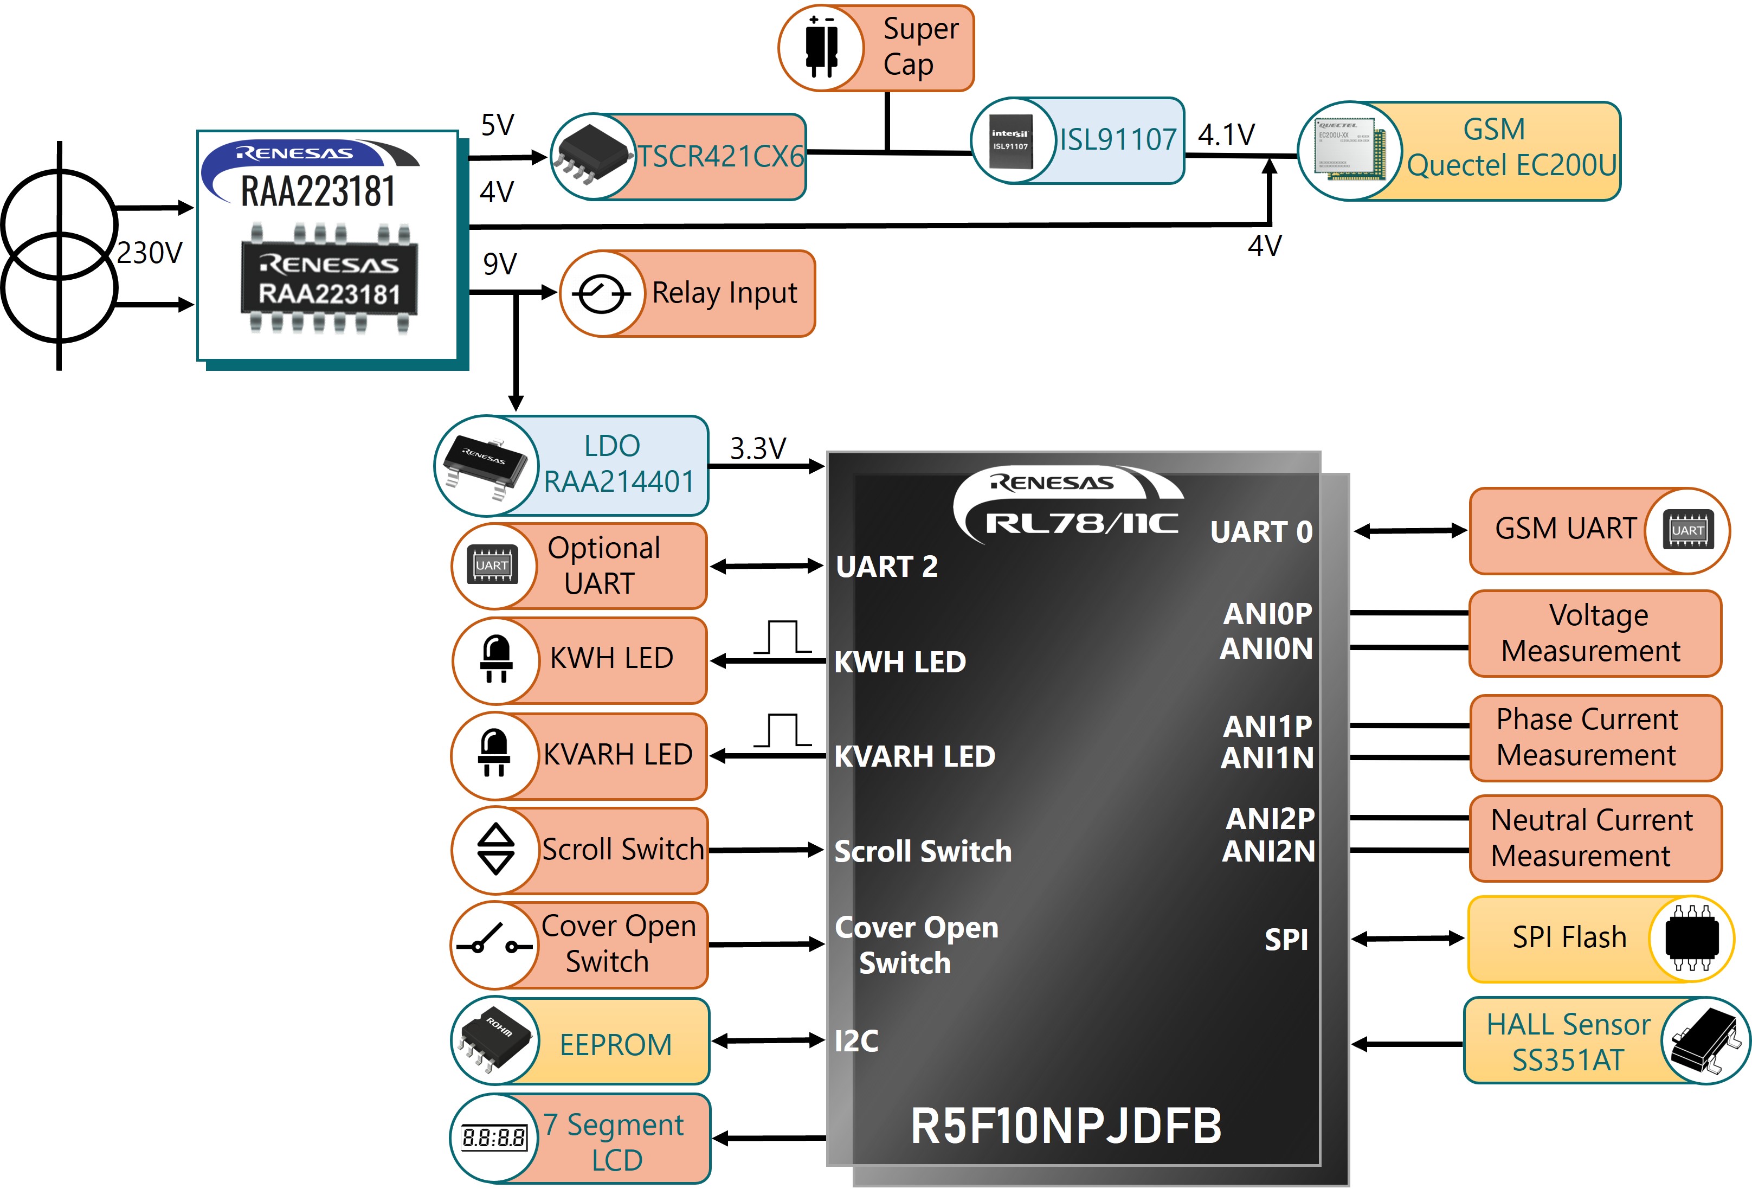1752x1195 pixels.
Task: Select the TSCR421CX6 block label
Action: [x=721, y=157]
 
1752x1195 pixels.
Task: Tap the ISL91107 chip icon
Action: [x=1010, y=140]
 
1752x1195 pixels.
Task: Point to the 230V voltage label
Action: [x=149, y=253]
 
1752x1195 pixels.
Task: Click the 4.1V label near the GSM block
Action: [x=1227, y=135]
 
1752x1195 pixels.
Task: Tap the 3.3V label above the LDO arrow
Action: [x=758, y=448]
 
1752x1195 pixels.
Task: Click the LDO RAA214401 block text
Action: [x=618, y=464]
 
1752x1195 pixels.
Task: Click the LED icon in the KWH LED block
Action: [x=496, y=659]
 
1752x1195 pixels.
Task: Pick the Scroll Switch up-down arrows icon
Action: [x=496, y=849]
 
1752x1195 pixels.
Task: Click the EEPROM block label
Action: [x=615, y=1044]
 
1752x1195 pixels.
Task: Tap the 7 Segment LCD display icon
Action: [x=494, y=1137]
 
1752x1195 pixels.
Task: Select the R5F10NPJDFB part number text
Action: [x=1065, y=1126]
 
